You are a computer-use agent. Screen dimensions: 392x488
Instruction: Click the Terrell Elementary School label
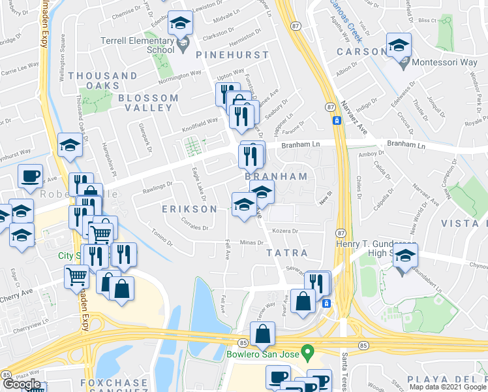click(x=137, y=44)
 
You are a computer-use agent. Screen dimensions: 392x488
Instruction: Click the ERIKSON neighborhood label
click(x=189, y=209)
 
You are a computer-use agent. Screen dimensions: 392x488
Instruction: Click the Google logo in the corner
click(x=22, y=384)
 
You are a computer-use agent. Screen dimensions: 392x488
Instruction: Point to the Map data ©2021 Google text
click(x=448, y=387)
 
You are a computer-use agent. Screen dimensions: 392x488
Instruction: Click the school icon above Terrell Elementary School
click(x=180, y=24)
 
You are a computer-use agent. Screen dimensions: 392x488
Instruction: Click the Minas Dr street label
click(x=251, y=242)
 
